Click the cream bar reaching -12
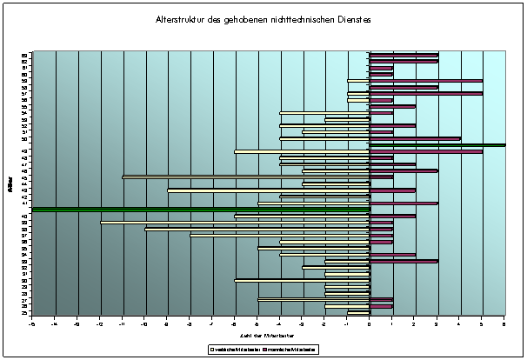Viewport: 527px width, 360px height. click(x=235, y=223)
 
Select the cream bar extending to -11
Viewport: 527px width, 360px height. click(x=246, y=177)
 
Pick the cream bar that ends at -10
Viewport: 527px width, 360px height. click(x=257, y=229)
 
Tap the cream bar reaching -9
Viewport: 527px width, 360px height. click(x=269, y=190)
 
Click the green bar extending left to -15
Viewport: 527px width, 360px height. click(x=201, y=209)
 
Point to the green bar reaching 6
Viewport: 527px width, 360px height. click(x=437, y=144)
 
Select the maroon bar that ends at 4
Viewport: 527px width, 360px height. click(x=415, y=138)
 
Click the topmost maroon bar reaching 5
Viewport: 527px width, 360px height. click(x=426, y=81)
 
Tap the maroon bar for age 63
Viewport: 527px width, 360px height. click(x=404, y=54)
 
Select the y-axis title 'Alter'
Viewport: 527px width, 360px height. click(x=8, y=183)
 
